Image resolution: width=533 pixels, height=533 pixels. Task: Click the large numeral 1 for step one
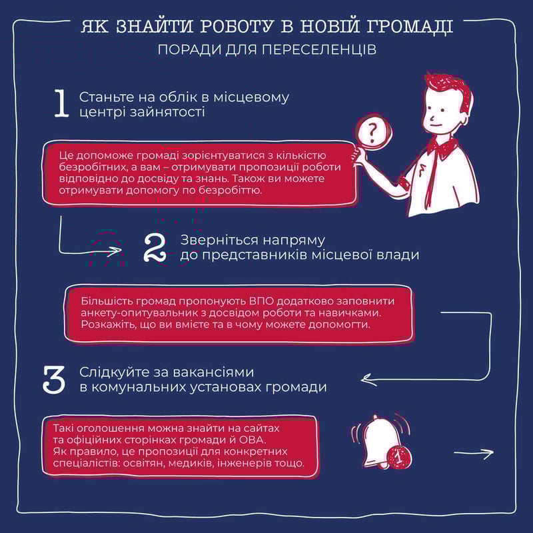click(x=61, y=104)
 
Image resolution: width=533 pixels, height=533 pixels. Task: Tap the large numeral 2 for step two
click(x=155, y=248)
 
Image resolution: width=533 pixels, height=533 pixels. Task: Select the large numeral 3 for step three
click(x=54, y=380)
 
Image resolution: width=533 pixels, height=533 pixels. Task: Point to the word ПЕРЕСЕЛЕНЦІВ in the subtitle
click(x=319, y=50)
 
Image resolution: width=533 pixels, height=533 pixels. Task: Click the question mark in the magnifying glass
click(x=373, y=132)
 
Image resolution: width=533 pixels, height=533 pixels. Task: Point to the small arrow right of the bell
click(x=474, y=453)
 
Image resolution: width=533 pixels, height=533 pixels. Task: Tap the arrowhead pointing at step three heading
click(x=367, y=380)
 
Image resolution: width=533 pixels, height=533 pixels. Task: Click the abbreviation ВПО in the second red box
click(x=262, y=301)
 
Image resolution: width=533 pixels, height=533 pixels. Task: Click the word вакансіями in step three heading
click(x=213, y=372)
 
